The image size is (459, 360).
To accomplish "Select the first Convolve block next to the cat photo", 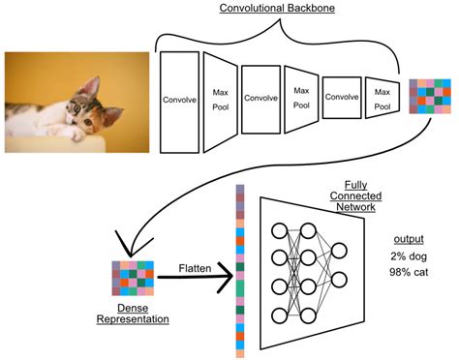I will [177, 98].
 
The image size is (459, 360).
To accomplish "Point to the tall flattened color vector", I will [239, 271].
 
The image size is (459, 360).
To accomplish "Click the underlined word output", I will [411, 238].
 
